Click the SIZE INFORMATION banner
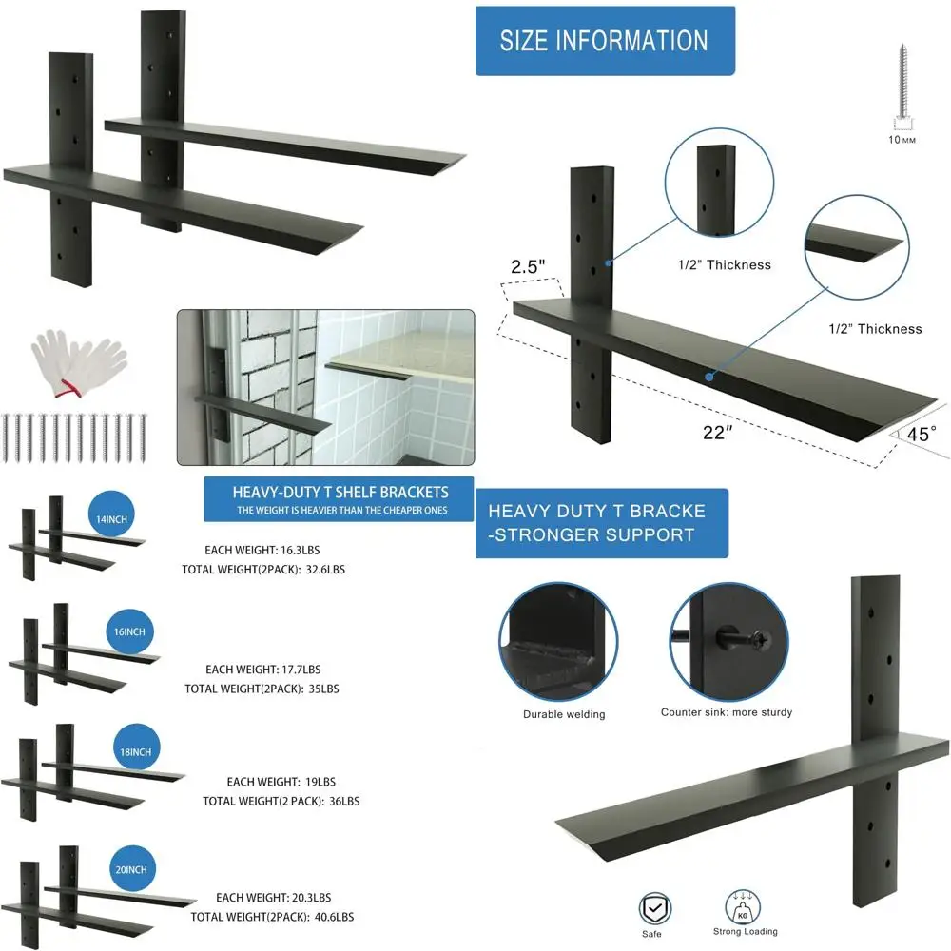click(x=605, y=41)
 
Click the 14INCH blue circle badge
click(x=111, y=518)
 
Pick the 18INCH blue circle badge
click(x=134, y=751)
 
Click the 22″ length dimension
click(x=717, y=432)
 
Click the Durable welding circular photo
click(x=550, y=642)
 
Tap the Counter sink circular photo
click(x=728, y=642)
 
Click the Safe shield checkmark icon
click(x=653, y=907)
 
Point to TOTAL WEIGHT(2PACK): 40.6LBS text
click(x=272, y=917)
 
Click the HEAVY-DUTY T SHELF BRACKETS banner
click(x=340, y=499)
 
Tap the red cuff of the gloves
click(x=65, y=388)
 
